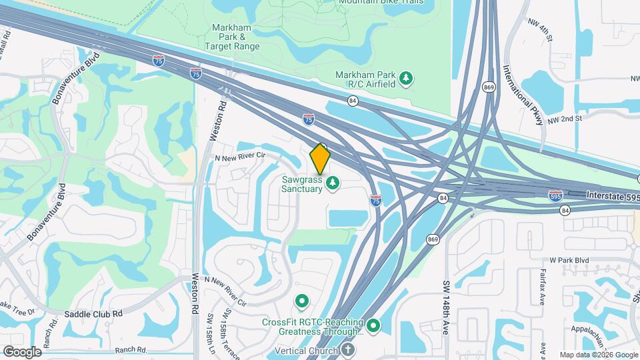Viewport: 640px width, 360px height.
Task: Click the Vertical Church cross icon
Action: pos(347,350)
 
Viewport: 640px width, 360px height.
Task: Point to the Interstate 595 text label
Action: pos(613,195)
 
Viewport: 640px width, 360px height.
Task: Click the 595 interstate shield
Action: pos(555,195)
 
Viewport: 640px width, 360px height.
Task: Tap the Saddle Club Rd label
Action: pos(94,313)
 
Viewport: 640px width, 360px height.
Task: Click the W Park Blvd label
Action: pos(569,259)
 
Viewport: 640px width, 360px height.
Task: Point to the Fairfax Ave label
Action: pos(543,283)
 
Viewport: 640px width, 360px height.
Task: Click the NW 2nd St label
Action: pos(565,118)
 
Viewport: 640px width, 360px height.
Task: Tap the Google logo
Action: pos(22,351)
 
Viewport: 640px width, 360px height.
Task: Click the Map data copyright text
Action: pos(598,355)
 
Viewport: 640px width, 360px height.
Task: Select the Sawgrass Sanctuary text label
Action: pos(302,184)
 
